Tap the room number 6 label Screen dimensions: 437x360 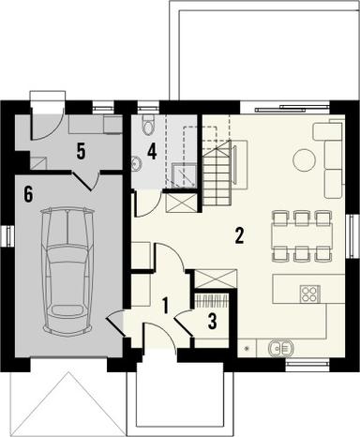pos(28,194)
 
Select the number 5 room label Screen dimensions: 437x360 pos(82,149)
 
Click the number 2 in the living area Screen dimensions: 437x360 pos(240,235)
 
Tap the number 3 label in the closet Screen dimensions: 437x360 pos(212,322)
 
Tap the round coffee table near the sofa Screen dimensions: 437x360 pos(304,160)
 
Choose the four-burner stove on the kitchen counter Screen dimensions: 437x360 pos(308,294)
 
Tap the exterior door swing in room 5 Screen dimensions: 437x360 pos(45,126)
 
